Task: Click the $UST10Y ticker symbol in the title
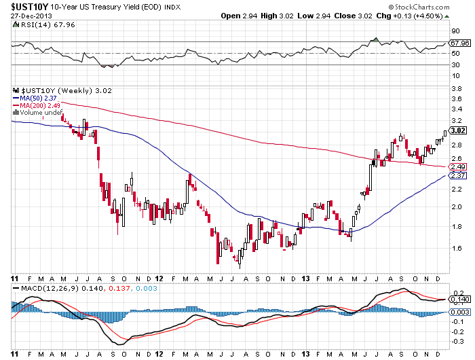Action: tap(25, 5)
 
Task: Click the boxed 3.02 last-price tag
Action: tap(458, 130)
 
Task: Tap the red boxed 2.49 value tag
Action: tap(458, 166)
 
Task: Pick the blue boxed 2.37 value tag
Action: tap(458, 175)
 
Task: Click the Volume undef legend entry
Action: tap(42, 113)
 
